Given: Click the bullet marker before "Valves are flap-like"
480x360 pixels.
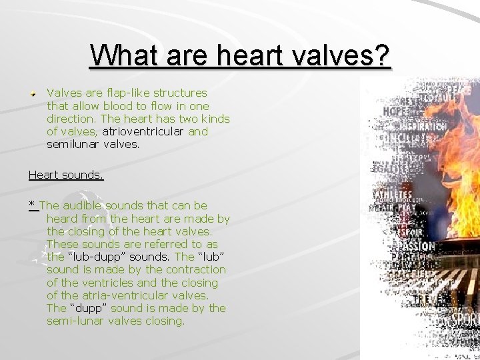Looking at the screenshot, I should (x=32, y=94).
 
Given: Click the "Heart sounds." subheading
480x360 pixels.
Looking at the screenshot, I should (x=66, y=175).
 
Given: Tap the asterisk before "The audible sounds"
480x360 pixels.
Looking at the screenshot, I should (x=32, y=205).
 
